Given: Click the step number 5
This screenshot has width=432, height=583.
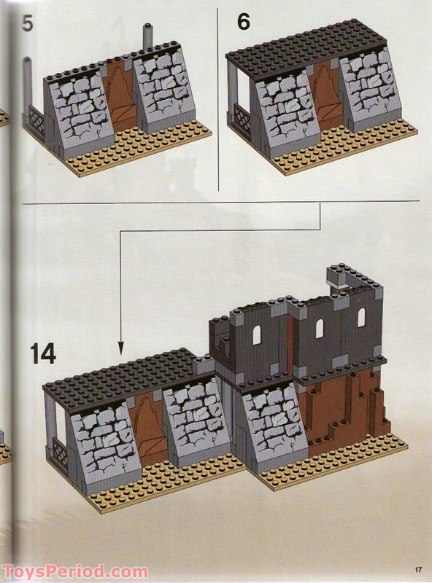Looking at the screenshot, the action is pos(28,23).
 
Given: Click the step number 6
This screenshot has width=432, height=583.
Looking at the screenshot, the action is pos(244,21).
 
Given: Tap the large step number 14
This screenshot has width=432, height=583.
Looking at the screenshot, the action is pos(43,353).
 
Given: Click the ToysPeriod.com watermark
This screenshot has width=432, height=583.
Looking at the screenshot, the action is pos(74,571).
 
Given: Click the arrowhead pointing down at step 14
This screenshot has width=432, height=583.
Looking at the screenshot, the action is pos(120,348).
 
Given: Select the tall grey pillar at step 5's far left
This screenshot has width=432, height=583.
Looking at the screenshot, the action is pos(28,87).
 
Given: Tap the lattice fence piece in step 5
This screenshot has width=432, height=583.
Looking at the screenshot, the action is pos(36,122).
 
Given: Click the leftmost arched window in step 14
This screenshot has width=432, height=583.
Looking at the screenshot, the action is pos(257,334).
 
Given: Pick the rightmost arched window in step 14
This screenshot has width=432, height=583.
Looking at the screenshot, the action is pos(361,317).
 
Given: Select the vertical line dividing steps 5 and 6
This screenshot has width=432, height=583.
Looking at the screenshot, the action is pos(218,100).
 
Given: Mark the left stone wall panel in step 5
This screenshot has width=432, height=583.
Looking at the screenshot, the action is pos(80,111).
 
